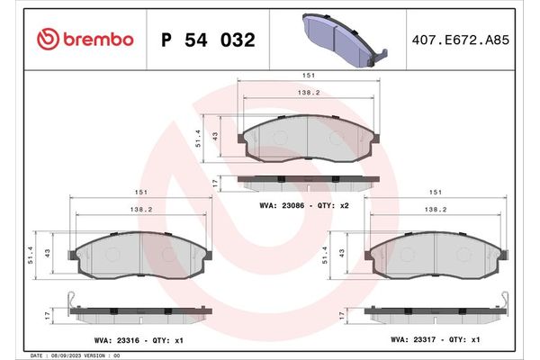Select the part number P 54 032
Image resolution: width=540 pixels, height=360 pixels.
207,40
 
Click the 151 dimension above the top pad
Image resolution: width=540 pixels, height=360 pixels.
307,75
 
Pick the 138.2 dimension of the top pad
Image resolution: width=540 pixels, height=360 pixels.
307,93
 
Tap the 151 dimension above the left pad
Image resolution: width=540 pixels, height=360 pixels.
140,191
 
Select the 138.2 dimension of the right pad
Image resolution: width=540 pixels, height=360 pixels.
436,209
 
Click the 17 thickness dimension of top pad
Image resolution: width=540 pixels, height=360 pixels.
214,183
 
